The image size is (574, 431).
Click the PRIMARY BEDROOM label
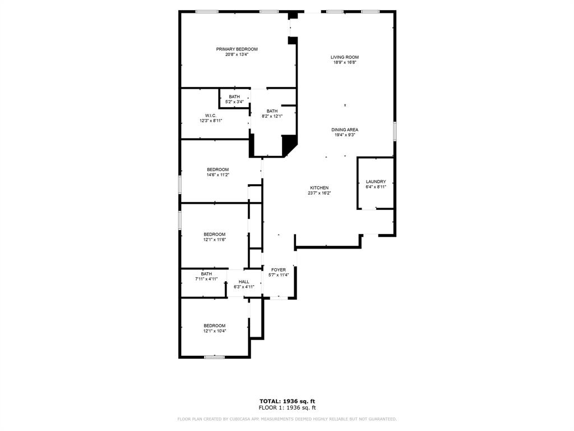tap(237, 49)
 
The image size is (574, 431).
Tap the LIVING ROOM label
tap(344, 57)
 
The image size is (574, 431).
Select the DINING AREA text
tap(345, 130)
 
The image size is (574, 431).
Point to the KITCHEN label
tap(320, 188)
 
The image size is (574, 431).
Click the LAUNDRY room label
tap(376, 182)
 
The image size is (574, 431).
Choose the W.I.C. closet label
tap(211, 116)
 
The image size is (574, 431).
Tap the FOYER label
tap(279, 270)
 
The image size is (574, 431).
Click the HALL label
tap(244, 282)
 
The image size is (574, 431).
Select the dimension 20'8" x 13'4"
tap(237, 54)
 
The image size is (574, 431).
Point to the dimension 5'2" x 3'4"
tap(234, 102)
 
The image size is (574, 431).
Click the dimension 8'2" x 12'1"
tap(272, 116)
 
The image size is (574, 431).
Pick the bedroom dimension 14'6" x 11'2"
tap(217, 175)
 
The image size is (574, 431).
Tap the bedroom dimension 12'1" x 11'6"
tap(214, 240)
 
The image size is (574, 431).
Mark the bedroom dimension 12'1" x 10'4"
tap(214, 331)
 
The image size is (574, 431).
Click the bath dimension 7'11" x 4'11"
tap(206, 279)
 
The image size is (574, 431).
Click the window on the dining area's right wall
tap(395, 131)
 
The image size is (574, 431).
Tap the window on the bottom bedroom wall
tap(214, 357)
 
